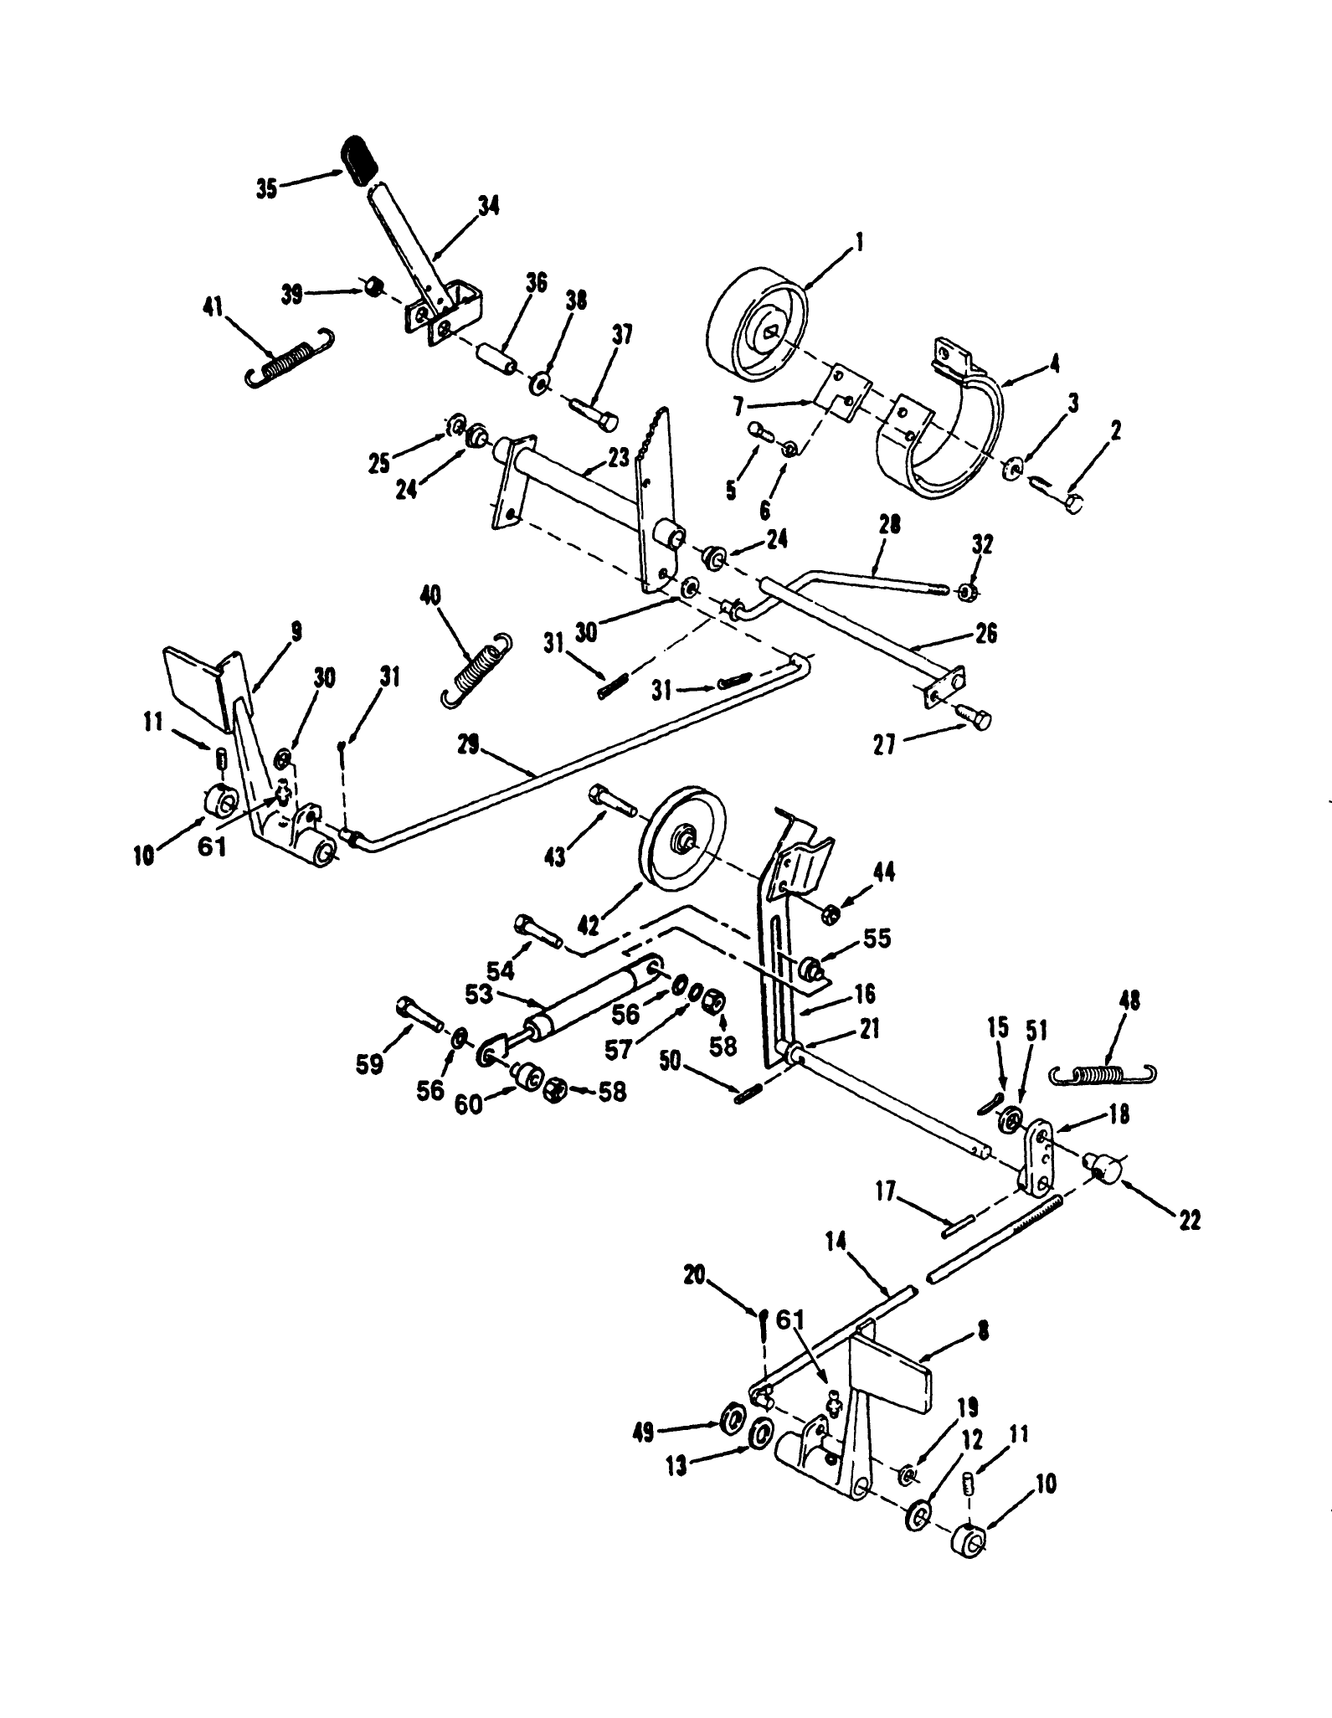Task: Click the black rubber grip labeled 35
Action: click(361, 159)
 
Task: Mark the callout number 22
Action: click(1189, 1221)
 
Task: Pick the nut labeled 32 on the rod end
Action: click(964, 593)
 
